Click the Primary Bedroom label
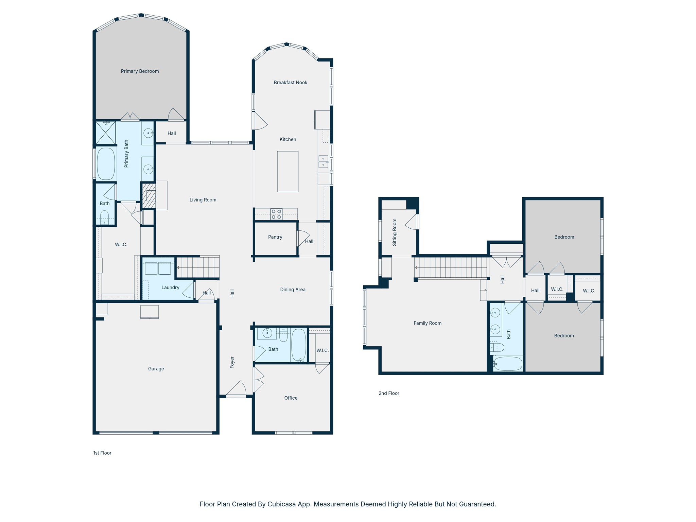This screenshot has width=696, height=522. click(x=140, y=71)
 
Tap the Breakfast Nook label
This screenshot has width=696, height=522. click(x=291, y=83)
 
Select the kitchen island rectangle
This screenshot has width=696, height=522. click(x=288, y=172)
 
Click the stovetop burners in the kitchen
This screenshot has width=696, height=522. click(x=276, y=214)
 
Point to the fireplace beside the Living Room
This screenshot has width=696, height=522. click(x=149, y=195)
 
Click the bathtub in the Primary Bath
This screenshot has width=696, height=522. click(x=106, y=164)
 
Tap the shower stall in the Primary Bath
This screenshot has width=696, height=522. click(x=106, y=133)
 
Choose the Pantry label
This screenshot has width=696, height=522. click(x=275, y=237)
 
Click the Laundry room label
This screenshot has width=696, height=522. click(x=170, y=288)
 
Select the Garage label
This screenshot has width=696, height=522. click(x=156, y=369)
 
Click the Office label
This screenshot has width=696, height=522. click(x=291, y=398)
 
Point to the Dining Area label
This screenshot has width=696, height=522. click(x=293, y=290)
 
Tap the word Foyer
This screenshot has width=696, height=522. click(x=232, y=362)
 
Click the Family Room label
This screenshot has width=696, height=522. click(x=428, y=323)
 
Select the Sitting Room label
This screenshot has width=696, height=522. click(x=395, y=232)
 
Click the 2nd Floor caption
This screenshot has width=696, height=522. click(x=389, y=393)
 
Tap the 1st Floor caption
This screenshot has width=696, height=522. click(x=102, y=453)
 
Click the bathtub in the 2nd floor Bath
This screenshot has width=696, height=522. click(x=508, y=364)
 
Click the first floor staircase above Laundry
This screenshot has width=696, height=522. click(x=198, y=267)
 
